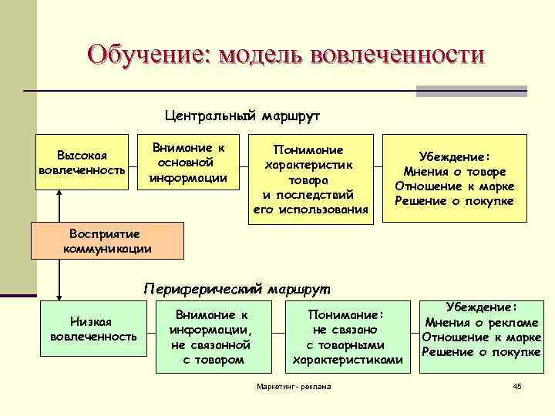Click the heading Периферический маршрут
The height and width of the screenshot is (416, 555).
point(236,289)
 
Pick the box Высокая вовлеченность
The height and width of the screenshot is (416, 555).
point(82,163)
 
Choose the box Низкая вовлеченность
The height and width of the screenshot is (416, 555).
point(92,329)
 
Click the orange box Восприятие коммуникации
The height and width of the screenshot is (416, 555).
point(107,240)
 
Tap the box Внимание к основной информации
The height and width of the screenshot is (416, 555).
point(188,163)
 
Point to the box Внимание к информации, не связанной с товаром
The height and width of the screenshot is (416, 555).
point(210,337)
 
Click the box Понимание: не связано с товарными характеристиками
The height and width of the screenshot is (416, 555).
point(348,337)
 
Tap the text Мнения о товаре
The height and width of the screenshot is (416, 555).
point(455,172)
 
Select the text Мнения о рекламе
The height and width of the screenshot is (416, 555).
point(482,322)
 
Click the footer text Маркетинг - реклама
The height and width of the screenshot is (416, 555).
point(293,386)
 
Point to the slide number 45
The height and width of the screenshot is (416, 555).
point(517,385)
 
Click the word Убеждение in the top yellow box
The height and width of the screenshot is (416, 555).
point(455,156)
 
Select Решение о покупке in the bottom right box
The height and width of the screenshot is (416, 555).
point(482,352)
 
